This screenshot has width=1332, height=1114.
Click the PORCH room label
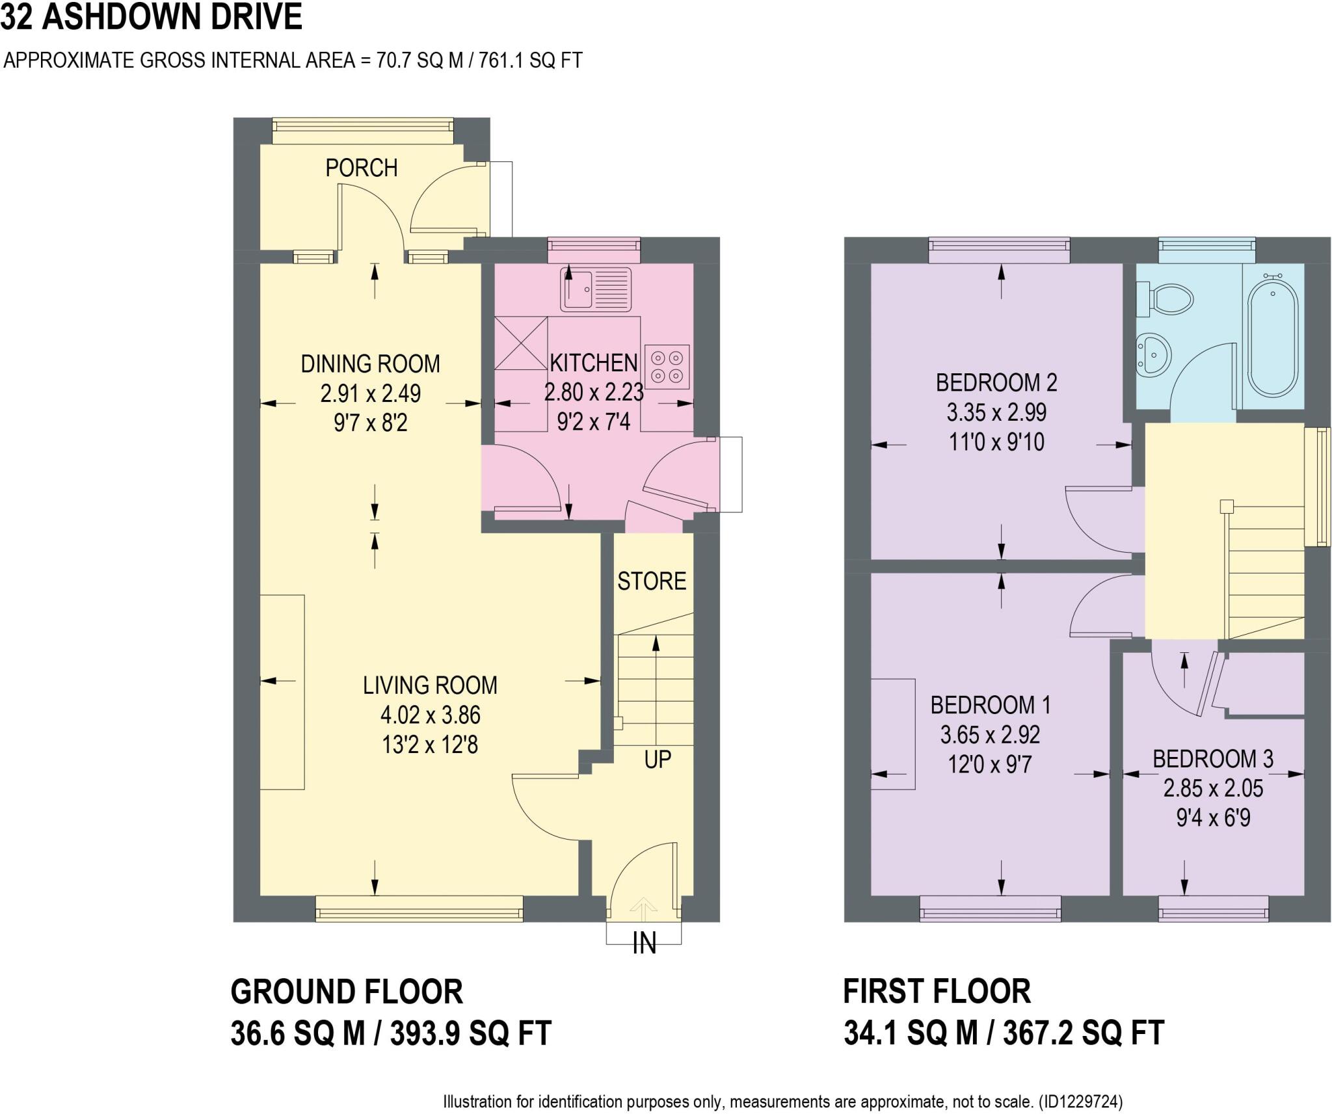tap(361, 168)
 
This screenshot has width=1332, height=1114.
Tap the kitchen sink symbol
tap(596, 289)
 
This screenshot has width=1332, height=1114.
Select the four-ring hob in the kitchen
tap(667, 367)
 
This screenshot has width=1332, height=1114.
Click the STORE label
tap(652, 581)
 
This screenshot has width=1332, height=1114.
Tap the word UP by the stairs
tap(658, 760)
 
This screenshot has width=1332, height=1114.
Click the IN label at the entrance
tap(644, 944)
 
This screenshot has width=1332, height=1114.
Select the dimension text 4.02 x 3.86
tap(430, 715)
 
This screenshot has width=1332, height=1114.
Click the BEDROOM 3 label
tap(1213, 758)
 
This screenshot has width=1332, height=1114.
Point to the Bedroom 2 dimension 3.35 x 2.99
tap(996, 412)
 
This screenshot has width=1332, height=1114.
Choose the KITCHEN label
tap(593, 362)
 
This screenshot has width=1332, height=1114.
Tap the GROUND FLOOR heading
tap(347, 992)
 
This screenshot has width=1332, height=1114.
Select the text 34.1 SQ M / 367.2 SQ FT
tap(1004, 1033)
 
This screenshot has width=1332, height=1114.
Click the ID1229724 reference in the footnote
tap(1080, 1102)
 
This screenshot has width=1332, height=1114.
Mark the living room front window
tap(419, 908)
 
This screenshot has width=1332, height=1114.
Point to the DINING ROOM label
tap(370, 364)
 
